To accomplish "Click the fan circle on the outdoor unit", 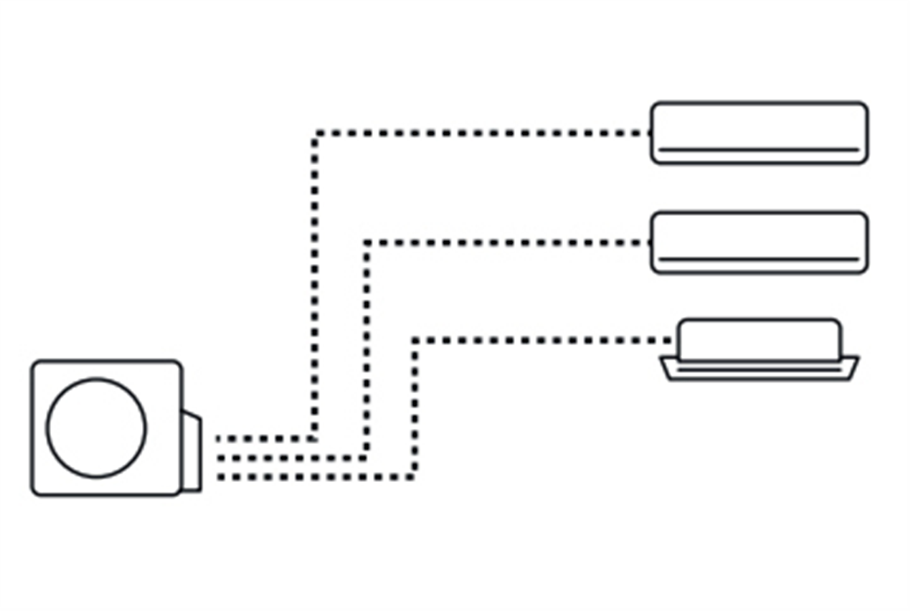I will coord(96,428).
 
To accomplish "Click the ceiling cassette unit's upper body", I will coord(759,339).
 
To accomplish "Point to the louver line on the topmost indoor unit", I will coord(759,149).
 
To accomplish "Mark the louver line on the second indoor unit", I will coord(759,259).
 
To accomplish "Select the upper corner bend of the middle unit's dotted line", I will coord(367,243).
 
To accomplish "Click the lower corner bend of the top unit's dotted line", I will coord(314,439).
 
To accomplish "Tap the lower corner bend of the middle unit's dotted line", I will coord(367,458).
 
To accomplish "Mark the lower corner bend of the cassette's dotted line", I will coord(414,477).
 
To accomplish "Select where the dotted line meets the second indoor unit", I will coord(649,243).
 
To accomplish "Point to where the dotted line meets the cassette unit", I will coord(675,340).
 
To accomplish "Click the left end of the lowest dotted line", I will coord(220,477).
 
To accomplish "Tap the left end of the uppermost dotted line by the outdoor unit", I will coord(220,439).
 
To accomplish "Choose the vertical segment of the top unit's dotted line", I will coord(315,285).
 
